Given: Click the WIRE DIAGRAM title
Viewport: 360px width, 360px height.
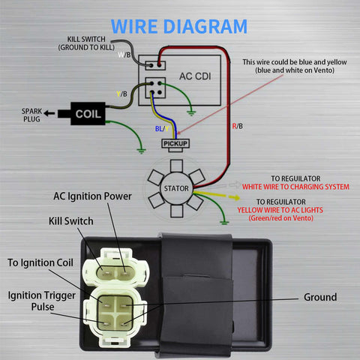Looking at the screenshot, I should click(179, 26).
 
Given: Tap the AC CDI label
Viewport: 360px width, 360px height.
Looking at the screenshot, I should click(193, 76).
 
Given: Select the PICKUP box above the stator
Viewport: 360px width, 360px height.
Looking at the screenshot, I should click(175, 142).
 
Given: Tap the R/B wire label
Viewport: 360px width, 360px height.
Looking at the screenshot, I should click(236, 126).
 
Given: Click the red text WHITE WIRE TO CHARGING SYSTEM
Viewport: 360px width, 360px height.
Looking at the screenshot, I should click(294, 186).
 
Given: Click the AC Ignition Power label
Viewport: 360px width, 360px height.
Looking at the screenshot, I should click(92, 196).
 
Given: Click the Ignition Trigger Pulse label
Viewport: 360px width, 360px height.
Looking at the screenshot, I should click(41, 301).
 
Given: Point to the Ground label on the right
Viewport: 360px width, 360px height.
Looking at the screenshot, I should click(320, 297).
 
